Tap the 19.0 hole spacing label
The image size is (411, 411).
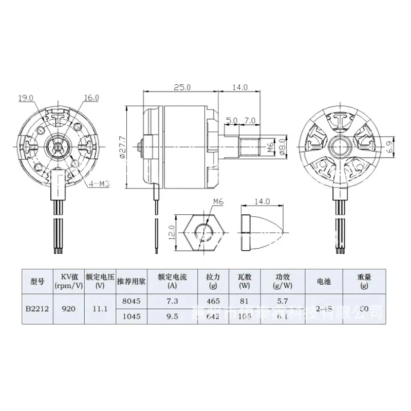[26, 97]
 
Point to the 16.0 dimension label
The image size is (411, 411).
[91, 97]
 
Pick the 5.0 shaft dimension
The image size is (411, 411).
[232, 120]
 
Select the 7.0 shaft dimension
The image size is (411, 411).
[250, 120]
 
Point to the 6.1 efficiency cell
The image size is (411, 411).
[281, 317]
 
